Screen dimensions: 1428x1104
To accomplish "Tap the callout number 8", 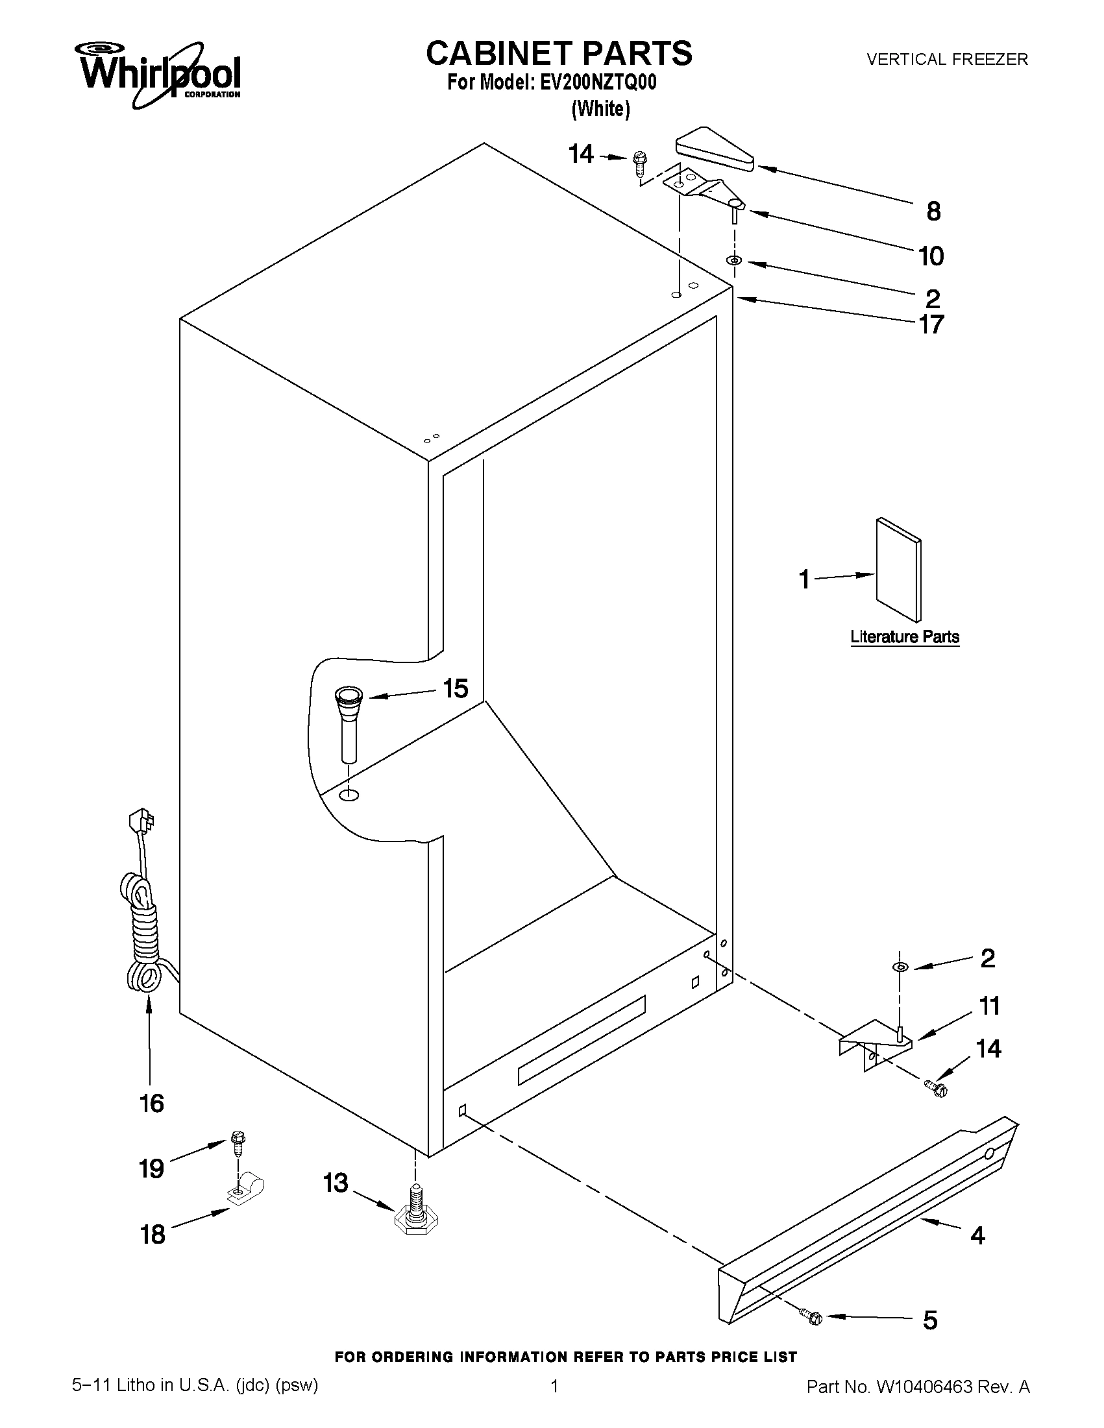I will point(933,212).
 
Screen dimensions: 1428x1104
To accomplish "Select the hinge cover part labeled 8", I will point(713,150).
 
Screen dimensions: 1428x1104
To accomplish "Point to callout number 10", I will point(931,256).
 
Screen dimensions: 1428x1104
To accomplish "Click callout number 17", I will point(931,324).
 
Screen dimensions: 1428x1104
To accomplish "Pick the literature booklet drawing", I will point(899,570).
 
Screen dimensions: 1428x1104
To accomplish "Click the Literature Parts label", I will point(905,637).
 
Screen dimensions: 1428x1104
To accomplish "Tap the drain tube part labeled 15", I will point(349,722).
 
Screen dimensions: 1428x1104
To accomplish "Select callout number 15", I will point(455,688).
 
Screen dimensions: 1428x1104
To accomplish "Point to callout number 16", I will point(152,1104).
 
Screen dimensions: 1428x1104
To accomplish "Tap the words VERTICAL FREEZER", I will point(947,60).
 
